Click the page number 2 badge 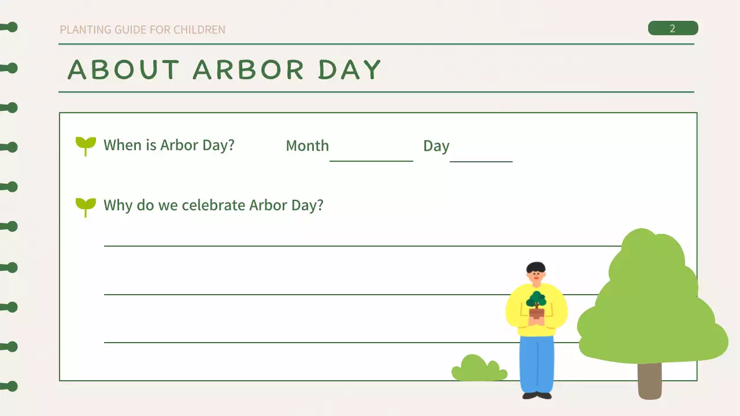tap(672, 28)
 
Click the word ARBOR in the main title tap(249, 70)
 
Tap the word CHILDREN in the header tap(199, 29)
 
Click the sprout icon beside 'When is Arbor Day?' tap(86, 145)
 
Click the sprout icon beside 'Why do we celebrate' tap(86, 206)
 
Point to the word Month tap(307, 146)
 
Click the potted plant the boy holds tap(536, 306)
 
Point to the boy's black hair tap(536, 267)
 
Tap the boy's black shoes tap(536, 396)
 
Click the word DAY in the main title tap(350, 70)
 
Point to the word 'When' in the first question tap(121, 145)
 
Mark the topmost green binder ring tap(10, 27)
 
